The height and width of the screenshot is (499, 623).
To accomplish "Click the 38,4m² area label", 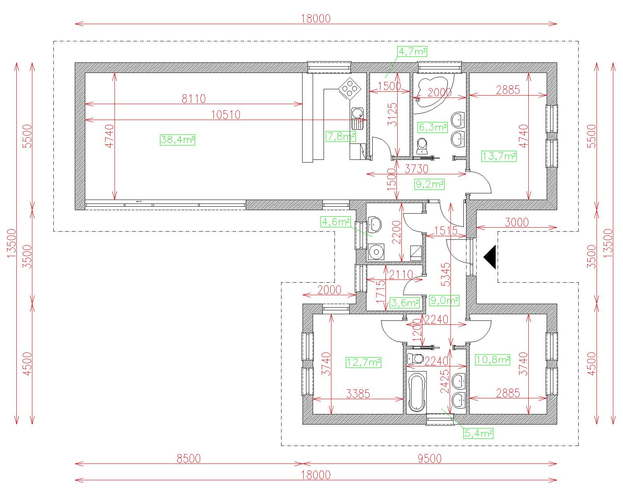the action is pos(178,140).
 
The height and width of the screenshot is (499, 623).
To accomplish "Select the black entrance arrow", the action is pos(489,257).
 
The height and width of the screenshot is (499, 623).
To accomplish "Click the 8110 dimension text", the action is pos(194,99).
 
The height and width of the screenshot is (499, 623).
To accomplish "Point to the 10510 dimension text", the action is pos(225,115).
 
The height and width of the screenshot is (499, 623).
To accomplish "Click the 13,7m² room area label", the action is pos(499,156).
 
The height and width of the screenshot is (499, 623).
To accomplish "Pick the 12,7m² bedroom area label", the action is pos(364,362).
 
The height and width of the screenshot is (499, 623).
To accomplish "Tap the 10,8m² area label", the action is pos(493,360).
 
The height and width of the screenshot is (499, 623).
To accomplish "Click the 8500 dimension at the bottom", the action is pos(188,459).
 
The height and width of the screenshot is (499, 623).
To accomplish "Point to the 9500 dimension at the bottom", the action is pos(429,459).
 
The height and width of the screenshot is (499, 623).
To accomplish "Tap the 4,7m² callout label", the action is pos(412,51).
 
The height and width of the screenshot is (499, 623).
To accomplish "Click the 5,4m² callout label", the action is pos(478,433).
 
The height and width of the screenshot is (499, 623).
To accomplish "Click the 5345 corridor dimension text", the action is pos(446,274).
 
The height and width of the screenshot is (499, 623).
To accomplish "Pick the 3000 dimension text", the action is pos(516,222).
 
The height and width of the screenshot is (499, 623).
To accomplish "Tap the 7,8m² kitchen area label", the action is pos(341,136).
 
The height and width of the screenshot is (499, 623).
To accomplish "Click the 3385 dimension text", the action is pos(358,394).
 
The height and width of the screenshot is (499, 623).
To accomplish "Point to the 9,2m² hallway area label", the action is pos(429,184).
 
